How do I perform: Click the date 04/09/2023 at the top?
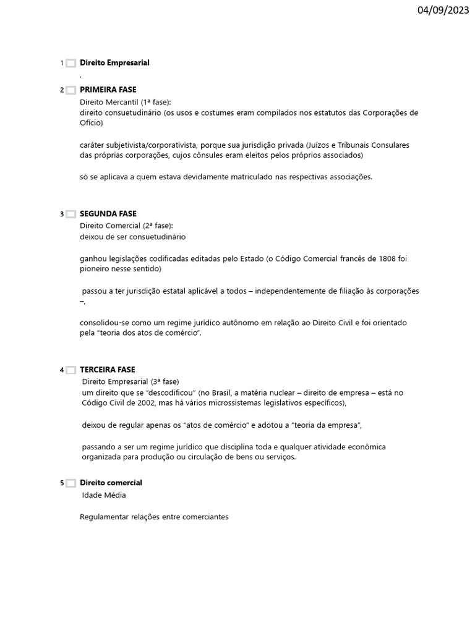[x=443, y=11]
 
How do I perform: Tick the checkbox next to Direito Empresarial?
[x=71, y=63]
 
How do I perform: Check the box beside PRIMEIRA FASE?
[x=71, y=90]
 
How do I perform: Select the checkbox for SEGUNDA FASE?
[x=71, y=215]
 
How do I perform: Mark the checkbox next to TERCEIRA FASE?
[x=71, y=370]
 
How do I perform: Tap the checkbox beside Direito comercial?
[x=71, y=483]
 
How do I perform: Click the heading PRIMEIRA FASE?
[x=108, y=90]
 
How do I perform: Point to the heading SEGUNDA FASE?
[x=108, y=214]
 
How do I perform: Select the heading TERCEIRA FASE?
[x=108, y=369]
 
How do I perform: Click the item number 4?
[x=62, y=370]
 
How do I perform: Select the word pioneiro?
[x=95, y=270]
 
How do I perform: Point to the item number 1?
[x=62, y=63]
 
